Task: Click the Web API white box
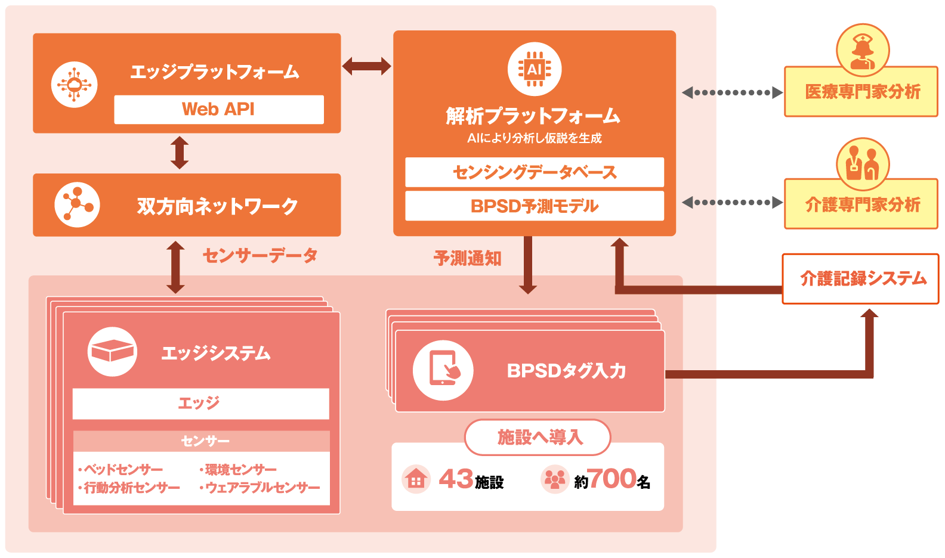click(218, 110)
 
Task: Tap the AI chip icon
click(535, 69)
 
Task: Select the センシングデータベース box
click(535, 172)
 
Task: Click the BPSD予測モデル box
click(535, 206)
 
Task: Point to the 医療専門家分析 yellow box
click(861, 92)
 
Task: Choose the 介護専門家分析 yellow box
click(861, 204)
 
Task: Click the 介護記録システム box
click(861, 279)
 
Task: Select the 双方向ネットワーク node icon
click(77, 205)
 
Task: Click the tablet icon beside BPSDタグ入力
click(443, 371)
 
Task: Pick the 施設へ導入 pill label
click(538, 438)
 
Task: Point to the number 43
click(456, 479)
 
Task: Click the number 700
click(612, 479)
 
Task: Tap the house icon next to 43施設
click(416, 479)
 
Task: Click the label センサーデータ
click(260, 256)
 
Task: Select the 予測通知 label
click(468, 258)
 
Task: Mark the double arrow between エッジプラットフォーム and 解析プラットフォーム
click(366, 66)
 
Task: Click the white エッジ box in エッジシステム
click(200, 404)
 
